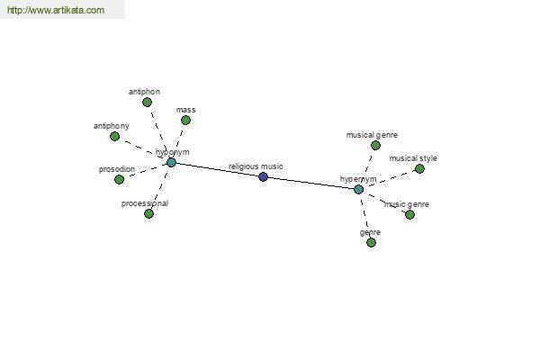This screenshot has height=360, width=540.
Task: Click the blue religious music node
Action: pyautogui.click(x=263, y=176)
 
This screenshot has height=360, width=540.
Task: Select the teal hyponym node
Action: pyautogui.click(x=171, y=162)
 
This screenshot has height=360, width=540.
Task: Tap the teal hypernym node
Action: pyautogui.click(x=358, y=189)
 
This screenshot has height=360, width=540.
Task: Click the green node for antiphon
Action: pyautogui.click(x=147, y=102)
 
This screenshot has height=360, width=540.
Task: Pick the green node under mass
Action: pyautogui.click(x=185, y=121)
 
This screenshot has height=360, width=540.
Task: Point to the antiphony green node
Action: pyautogui.click(x=114, y=137)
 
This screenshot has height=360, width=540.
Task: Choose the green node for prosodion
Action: pyautogui.click(x=119, y=179)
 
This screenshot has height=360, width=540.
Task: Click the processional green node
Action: pyautogui.click(x=148, y=213)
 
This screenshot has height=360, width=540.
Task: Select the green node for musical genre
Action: pyautogui.click(x=375, y=146)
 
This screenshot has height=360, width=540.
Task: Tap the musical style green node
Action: pyautogui.click(x=419, y=169)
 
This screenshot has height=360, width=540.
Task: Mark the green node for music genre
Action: pyautogui.click(x=409, y=214)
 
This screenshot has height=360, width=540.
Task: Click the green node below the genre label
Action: pyautogui.click(x=371, y=242)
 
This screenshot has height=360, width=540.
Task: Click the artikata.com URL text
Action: pyautogui.click(x=56, y=10)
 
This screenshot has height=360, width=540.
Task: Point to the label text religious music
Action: pyautogui.click(x=256, y=166)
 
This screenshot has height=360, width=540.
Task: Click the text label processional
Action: pyautogui.click(x=145, y=203)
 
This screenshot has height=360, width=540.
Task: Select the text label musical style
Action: pyautogui.click(x=413, y=158)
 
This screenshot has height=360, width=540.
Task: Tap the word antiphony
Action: pyautogui.click(x=112, y=126)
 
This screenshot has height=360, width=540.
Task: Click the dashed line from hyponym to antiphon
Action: pyautogui.click(x=159, y=132)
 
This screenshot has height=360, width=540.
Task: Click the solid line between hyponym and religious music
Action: pyautogui.click(x=217, y=169)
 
